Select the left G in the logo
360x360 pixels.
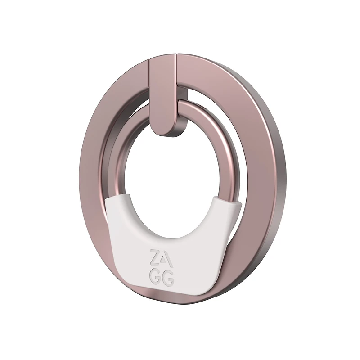pyautogui.click(x=155, y=278)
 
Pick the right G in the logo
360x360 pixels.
pyautogui.click(x=168, y=279)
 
